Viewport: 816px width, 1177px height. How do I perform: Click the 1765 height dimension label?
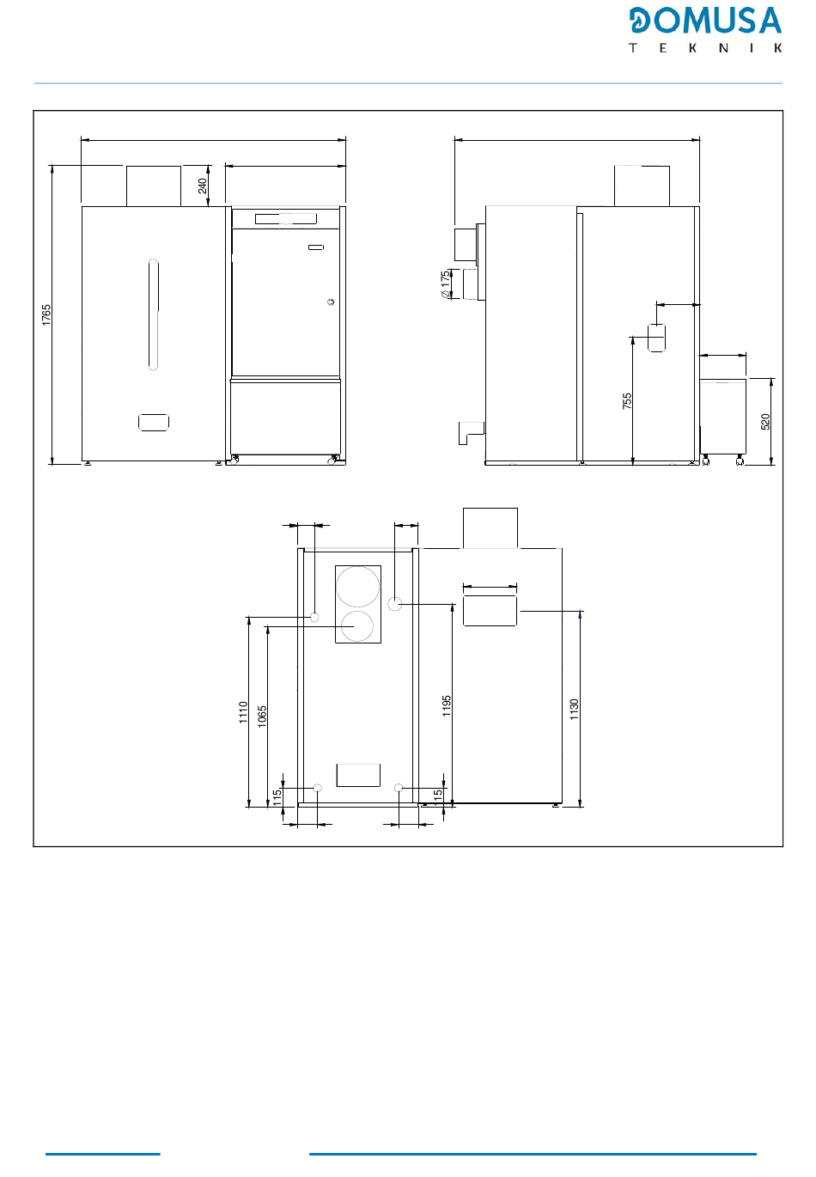point(46,314)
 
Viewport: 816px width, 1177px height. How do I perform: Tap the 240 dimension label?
point(203,186)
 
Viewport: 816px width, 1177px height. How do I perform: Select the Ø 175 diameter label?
point(446,284)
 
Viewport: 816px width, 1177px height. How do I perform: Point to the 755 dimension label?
point(627,401)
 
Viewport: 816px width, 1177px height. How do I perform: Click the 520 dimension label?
point(765,422)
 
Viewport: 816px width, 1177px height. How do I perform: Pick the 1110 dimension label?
point(243,712)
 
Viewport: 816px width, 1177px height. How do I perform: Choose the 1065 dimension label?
point(262,717)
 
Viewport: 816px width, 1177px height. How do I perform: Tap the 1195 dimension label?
point(447,705)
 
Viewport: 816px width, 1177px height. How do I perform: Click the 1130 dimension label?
point(575,709)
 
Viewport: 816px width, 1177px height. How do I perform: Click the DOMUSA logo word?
point(705,21)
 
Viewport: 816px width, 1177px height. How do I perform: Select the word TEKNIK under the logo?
point(705,48)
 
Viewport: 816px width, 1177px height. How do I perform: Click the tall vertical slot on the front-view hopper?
point(153,314)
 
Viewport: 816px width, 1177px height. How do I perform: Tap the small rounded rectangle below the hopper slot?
point(154,423)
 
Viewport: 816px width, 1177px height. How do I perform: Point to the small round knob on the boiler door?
point(331,302)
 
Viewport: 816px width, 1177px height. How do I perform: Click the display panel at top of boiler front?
point(286,218)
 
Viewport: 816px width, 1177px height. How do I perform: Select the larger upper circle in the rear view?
point(358,587)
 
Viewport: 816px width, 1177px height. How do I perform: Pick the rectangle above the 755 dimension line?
point(656,338)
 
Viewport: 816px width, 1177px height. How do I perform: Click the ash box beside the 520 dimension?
point(723,417)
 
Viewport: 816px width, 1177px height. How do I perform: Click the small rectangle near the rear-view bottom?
point(358,775)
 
